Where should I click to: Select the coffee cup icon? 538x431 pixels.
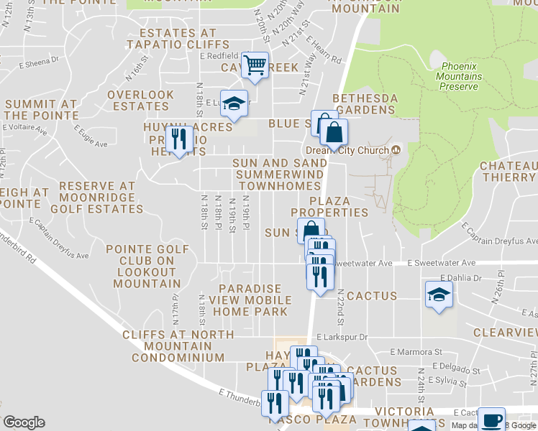491,420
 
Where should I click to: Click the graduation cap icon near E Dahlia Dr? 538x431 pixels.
438,295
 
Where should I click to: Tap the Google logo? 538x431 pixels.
24,422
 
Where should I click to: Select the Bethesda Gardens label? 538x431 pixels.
365,104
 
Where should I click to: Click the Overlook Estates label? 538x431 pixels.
140,101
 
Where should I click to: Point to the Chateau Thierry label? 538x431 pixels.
509,172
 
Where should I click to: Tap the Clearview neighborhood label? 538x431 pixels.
505,333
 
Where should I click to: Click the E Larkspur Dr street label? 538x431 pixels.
342,336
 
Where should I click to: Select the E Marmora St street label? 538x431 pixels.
416,352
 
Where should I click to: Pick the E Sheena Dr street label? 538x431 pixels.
39,62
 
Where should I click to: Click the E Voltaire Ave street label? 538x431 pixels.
24,131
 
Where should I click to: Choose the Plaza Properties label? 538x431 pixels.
329,207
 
